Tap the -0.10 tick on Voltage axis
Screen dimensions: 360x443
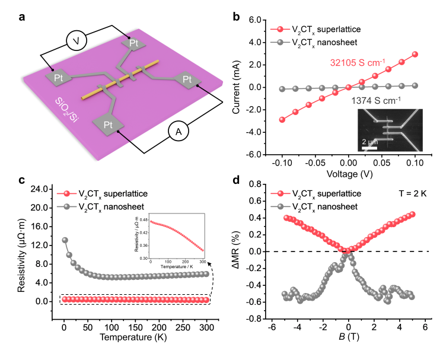[x=282, y=163]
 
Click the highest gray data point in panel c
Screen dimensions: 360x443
[x=65, y=240]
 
